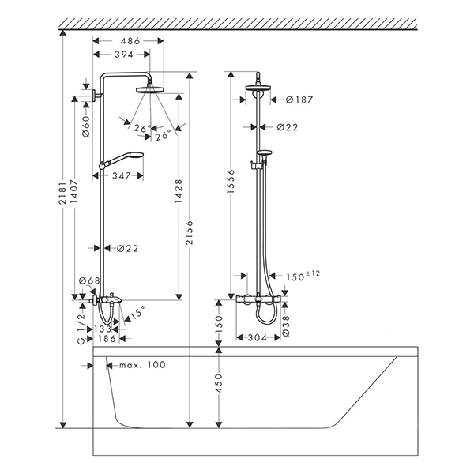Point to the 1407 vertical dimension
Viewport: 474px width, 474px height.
tap(75, 208)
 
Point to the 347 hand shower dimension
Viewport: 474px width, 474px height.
tap(121, 175)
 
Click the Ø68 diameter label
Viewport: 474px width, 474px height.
tap(88, 282)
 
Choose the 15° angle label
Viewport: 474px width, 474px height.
tap(137, 312)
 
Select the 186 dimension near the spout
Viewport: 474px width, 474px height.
tap(107, 338)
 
